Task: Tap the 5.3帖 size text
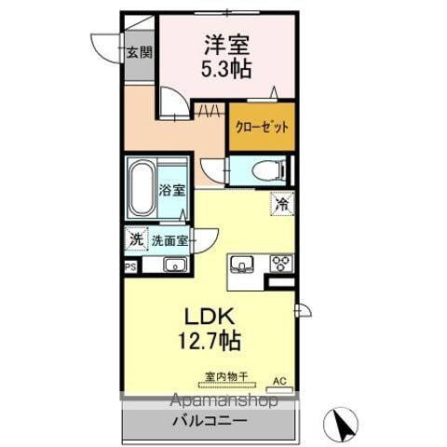pyautogui.click(x=226, y=67)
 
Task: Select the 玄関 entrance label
pyautogui.click(x=139, y=53)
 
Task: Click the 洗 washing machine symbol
pyautogui.click(x=136, y=239)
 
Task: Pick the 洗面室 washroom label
pyautogui.click(x=169, y=240)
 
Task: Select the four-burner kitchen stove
pyautogui.click(x=280, y=263)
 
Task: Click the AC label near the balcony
pyautogui.click(x=278, y=381)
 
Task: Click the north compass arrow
pyautogui.click(x=342, y=425)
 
